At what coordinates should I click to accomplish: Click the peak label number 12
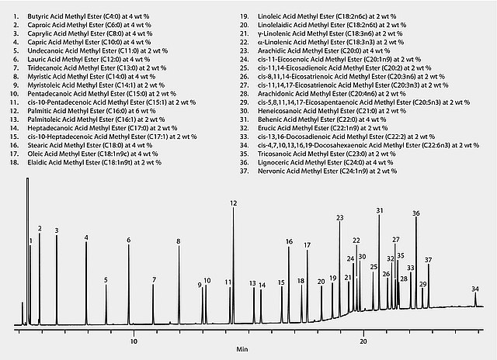click(233, 202)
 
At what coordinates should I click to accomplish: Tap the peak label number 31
click(380, 210)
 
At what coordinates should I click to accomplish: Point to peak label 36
click(416, 213)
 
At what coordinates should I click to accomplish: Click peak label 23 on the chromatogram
click(340, 218)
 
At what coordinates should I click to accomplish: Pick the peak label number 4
click(86, 237)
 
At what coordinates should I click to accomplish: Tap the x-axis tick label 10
click(134, 340)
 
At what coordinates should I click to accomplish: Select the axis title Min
click(243, 351)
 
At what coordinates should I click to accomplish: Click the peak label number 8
click(179, 241)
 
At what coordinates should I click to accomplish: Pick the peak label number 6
click(129, 240)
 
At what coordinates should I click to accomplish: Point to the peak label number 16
click(289, 241)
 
